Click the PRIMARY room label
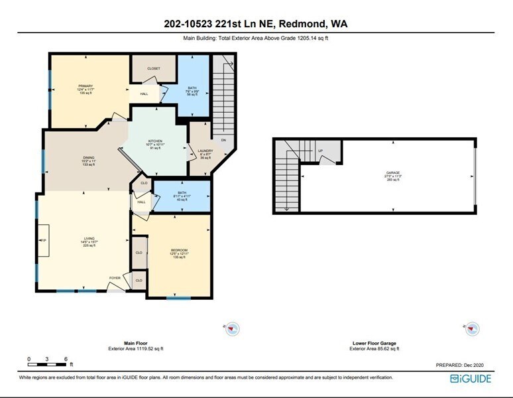85,86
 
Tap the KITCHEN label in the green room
155,141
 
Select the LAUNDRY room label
205,151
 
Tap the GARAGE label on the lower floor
393,172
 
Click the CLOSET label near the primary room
154,68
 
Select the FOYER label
115,279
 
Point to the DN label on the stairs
223,141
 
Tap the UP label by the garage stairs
321,151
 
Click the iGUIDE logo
472,378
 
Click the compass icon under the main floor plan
233,328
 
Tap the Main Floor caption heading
135,343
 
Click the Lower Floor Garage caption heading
375,343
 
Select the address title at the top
256,25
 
